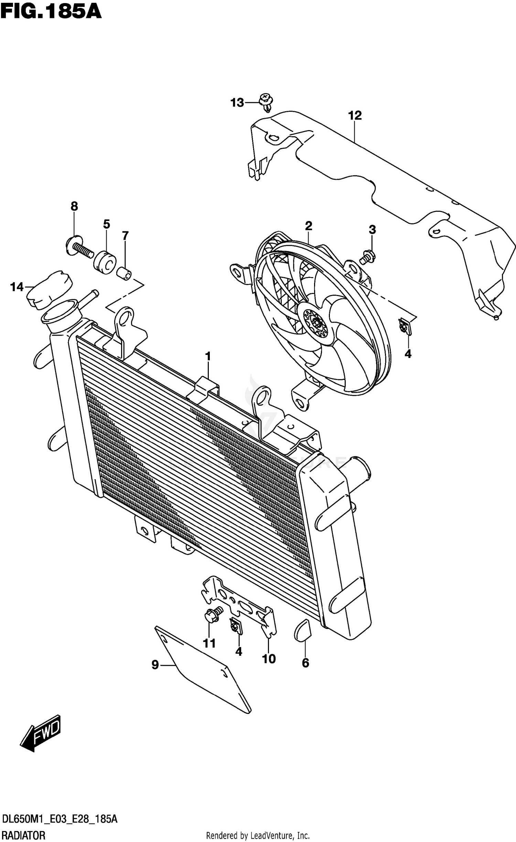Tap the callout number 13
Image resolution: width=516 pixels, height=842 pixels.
[237, 103]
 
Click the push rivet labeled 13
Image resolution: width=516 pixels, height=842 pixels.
[266, 101]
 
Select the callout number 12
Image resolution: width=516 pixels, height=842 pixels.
[355, 116]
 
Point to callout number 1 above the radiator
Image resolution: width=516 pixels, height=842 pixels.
[208, 357]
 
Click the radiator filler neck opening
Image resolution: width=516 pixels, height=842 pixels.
[61, 311]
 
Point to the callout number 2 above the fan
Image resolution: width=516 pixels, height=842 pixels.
[308, 226]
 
